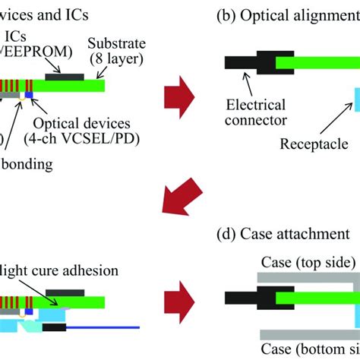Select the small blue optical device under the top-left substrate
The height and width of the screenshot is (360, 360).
tap(29, 95)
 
